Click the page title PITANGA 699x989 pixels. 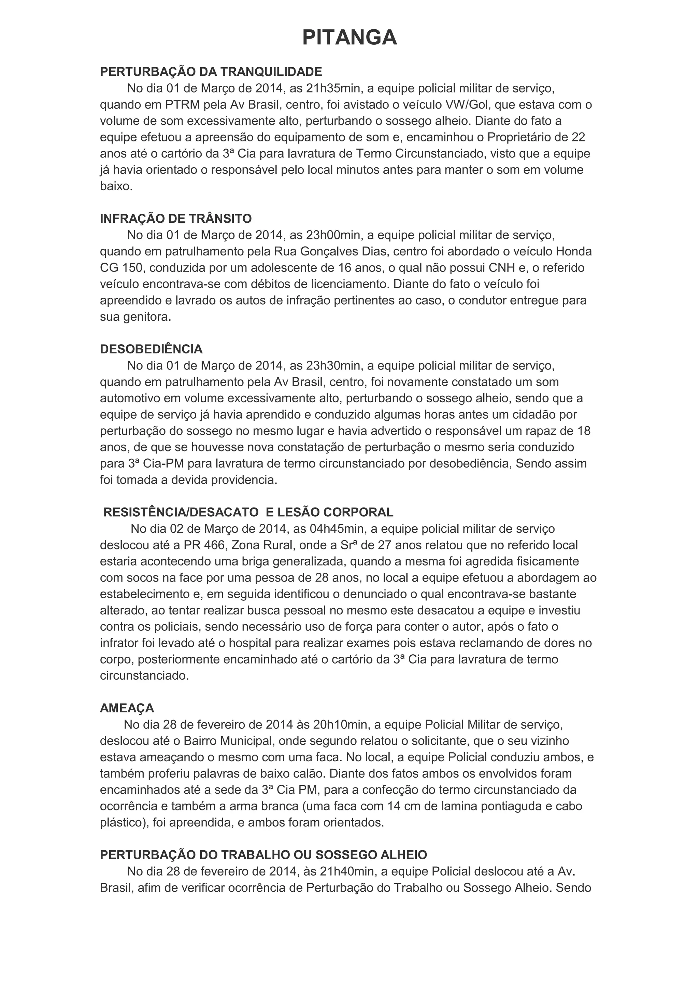pos(349,38)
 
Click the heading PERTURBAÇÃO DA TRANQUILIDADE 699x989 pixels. pos(211,71)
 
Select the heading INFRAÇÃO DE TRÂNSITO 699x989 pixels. pos(176,219)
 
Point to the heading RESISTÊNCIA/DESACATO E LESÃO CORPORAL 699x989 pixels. pos(248,512)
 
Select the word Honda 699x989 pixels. pos(574,252)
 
